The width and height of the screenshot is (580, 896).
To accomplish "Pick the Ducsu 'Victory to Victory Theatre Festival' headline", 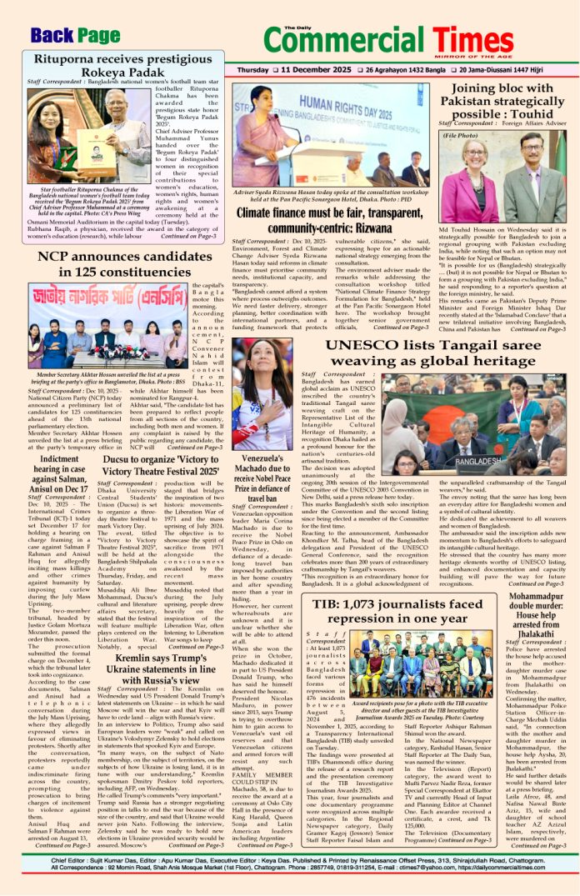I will click(161, 465).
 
